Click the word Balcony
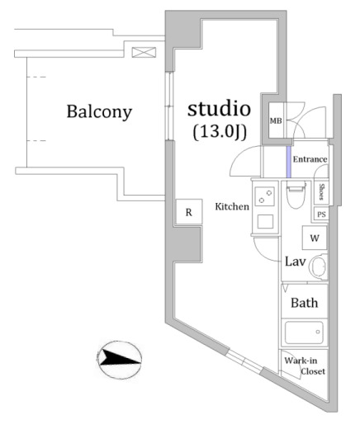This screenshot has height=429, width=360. click(99, 112)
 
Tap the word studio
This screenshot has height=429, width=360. click(219, 109)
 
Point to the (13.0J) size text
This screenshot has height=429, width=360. click(220, 132)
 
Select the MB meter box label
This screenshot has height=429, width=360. click(276, 120)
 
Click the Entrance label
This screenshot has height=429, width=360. click(310, 159)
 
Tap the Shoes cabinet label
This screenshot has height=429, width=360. click(321, 191)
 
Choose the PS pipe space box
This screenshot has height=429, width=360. click(321, 214)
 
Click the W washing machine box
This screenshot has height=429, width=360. click(315, 238)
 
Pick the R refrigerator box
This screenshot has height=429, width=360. click(189, 212)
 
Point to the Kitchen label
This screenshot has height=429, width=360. click(232, 206)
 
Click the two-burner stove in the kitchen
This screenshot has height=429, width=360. click(265, 196)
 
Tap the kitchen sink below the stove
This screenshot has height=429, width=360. click(265, 222)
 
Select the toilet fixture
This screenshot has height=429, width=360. click(296, 196)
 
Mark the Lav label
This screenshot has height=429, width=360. click(295, 262)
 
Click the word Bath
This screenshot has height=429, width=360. click(305, 303)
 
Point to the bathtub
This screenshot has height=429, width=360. click(304, 332)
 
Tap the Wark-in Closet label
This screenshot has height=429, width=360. click(305, 366)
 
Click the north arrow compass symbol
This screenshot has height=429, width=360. click(120, 360)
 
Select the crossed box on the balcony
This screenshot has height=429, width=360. click(144, 52)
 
